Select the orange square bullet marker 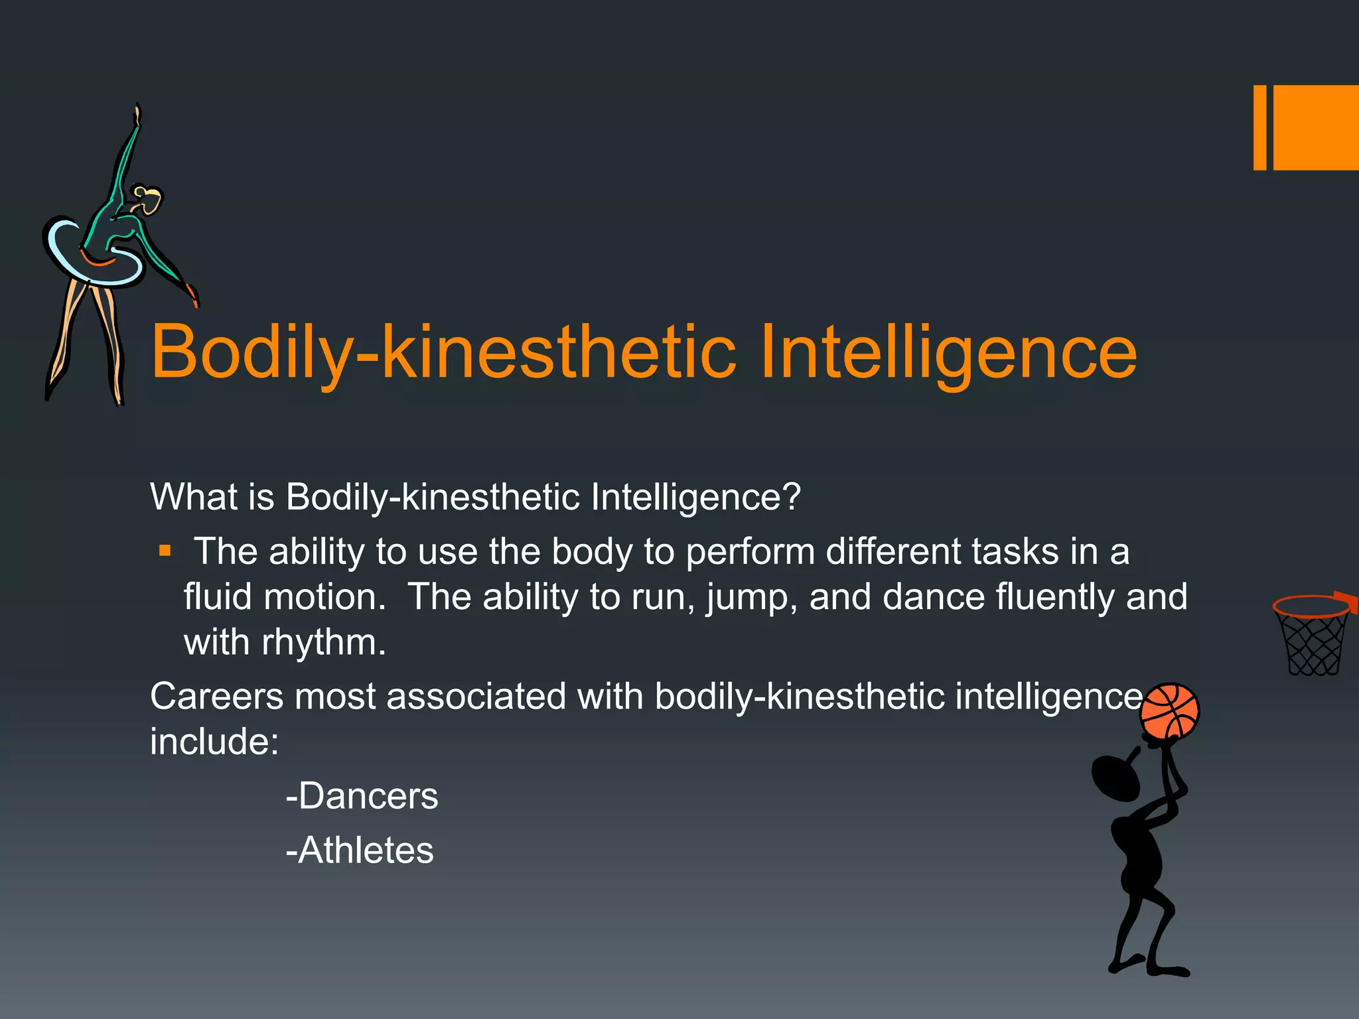pos(165,551)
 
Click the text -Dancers pos(362,796)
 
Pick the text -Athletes pos(360,850)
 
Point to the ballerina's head pos(147,200)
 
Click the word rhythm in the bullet pos(323,642)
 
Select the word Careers pos(216,697)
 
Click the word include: pos(214,742)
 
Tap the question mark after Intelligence pos(792,496)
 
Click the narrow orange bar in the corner pos(1259,127)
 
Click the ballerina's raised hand pos(137,115)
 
